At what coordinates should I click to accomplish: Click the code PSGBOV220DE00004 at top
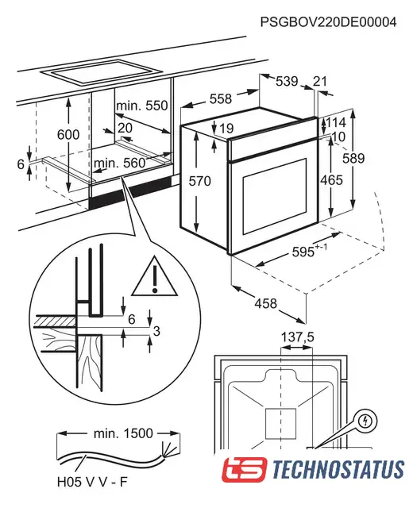click(328, 22)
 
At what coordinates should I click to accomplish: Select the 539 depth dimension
click(287, 81)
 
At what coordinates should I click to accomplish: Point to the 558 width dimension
click(221, 98)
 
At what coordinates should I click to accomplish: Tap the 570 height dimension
click(199, 181)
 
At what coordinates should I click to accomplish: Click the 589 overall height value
click(353, 158)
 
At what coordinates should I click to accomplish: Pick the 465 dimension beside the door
click(331, 180)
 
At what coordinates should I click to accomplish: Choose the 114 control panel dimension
click(336, 122)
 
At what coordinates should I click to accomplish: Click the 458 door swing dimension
click(266, 303)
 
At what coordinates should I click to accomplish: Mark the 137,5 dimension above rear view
click(297, 337)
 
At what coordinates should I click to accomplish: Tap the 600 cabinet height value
click(68, 134)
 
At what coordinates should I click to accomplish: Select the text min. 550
click(142, 106)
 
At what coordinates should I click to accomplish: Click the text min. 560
click(120, 163)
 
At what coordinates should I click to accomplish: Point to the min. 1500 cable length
click(123, 433)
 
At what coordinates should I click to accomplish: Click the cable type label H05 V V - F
click(92, 482)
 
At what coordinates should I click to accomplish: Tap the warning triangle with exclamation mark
click(155, 276)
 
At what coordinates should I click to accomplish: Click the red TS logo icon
click(245, 469)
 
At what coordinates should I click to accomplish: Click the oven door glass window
click(275, 196)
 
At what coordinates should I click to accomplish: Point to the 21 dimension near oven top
click(319, 81)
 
